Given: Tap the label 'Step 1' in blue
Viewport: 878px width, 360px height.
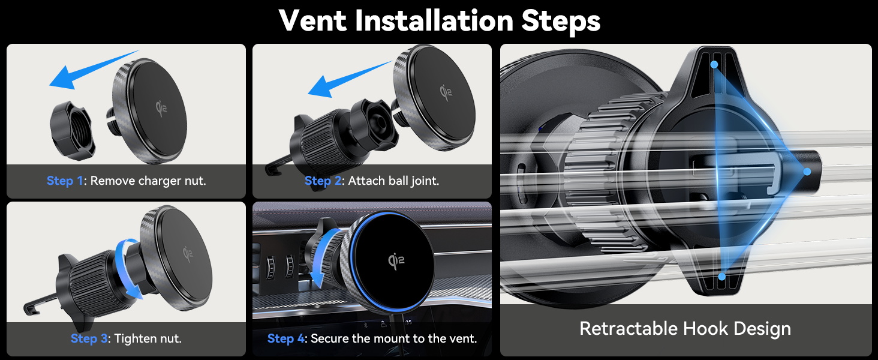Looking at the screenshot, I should (x=65, y=181).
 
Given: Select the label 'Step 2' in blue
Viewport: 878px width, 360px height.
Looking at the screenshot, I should (x=323, y=181).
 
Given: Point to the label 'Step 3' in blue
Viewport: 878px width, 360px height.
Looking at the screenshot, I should (x=89, y=338).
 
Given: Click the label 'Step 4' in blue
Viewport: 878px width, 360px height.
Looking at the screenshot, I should (x=285, y=338).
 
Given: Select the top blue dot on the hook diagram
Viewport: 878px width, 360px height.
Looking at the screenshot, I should (x=714, y=64).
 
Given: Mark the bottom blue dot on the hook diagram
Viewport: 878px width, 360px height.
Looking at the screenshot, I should (x=721, y=277).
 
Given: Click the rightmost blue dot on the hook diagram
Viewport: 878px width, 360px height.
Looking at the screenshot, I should (x=807, y=172).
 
